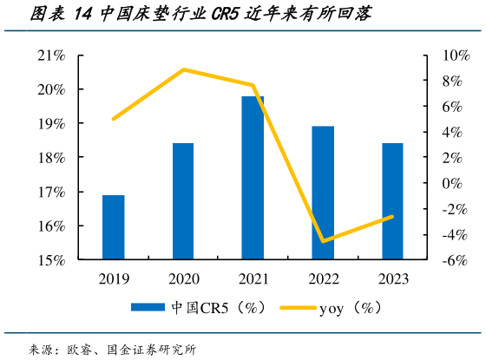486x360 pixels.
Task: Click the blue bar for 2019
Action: tap(114, 227)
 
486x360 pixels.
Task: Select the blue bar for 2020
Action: tap(183, 201)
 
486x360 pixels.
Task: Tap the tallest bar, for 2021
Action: tap(253, 178)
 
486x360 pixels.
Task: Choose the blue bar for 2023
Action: tap(392, 201)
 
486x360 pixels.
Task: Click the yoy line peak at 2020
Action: tap(183, 69)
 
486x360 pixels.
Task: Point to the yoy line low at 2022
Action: tap(323, 241)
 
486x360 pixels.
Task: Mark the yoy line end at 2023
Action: tap(392, 217)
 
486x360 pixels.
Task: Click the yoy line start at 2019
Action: tap(114, 119)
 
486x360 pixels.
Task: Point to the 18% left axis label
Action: tap(51, 158)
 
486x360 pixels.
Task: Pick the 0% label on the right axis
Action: tap(447, 184)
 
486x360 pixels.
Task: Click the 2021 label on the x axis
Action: tap(253, 278)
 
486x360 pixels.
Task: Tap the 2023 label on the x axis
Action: tap(392, 278)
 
